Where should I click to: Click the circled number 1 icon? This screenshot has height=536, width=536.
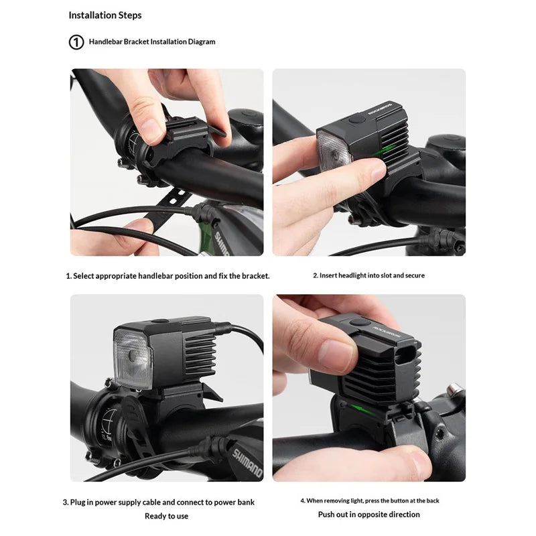[x=76, y=42]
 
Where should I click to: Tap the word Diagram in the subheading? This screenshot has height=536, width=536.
[x=202, y=42]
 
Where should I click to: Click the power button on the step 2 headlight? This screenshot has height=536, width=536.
[x=357, y=120]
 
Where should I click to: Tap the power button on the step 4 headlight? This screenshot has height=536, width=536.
[x=360, y=322]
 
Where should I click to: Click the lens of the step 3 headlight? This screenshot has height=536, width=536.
[x=133, y=358]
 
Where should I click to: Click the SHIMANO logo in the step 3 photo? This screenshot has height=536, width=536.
[x=247, y=463]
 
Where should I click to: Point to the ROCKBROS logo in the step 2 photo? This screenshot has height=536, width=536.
[x=381, y=108]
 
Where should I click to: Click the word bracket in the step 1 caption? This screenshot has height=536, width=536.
[x=256, y=276]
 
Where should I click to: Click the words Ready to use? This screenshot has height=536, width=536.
[x=166, y=516]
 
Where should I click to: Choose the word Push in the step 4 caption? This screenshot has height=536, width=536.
[x=326, y=515]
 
